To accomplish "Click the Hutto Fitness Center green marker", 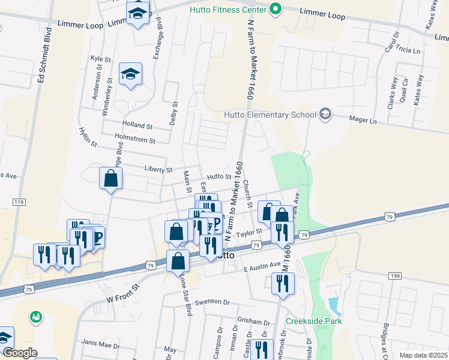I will coord(276,9).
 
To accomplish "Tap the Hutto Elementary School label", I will coord(270,115).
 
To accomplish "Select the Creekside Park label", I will coord(313,321).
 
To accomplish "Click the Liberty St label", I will coord(158,170).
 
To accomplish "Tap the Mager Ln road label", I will coord(363,121).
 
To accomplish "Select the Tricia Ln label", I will coord(408,50).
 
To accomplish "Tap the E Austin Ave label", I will coord(262,265).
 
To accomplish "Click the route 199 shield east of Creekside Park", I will coord(394,275).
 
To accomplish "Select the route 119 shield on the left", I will coord(19,203).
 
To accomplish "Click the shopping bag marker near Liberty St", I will coord(111,179).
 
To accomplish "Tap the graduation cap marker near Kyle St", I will coord(130,74).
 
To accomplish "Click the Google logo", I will coord(20,353).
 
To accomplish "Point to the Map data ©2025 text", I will coord(424,355).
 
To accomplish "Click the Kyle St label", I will coord(100,59).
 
